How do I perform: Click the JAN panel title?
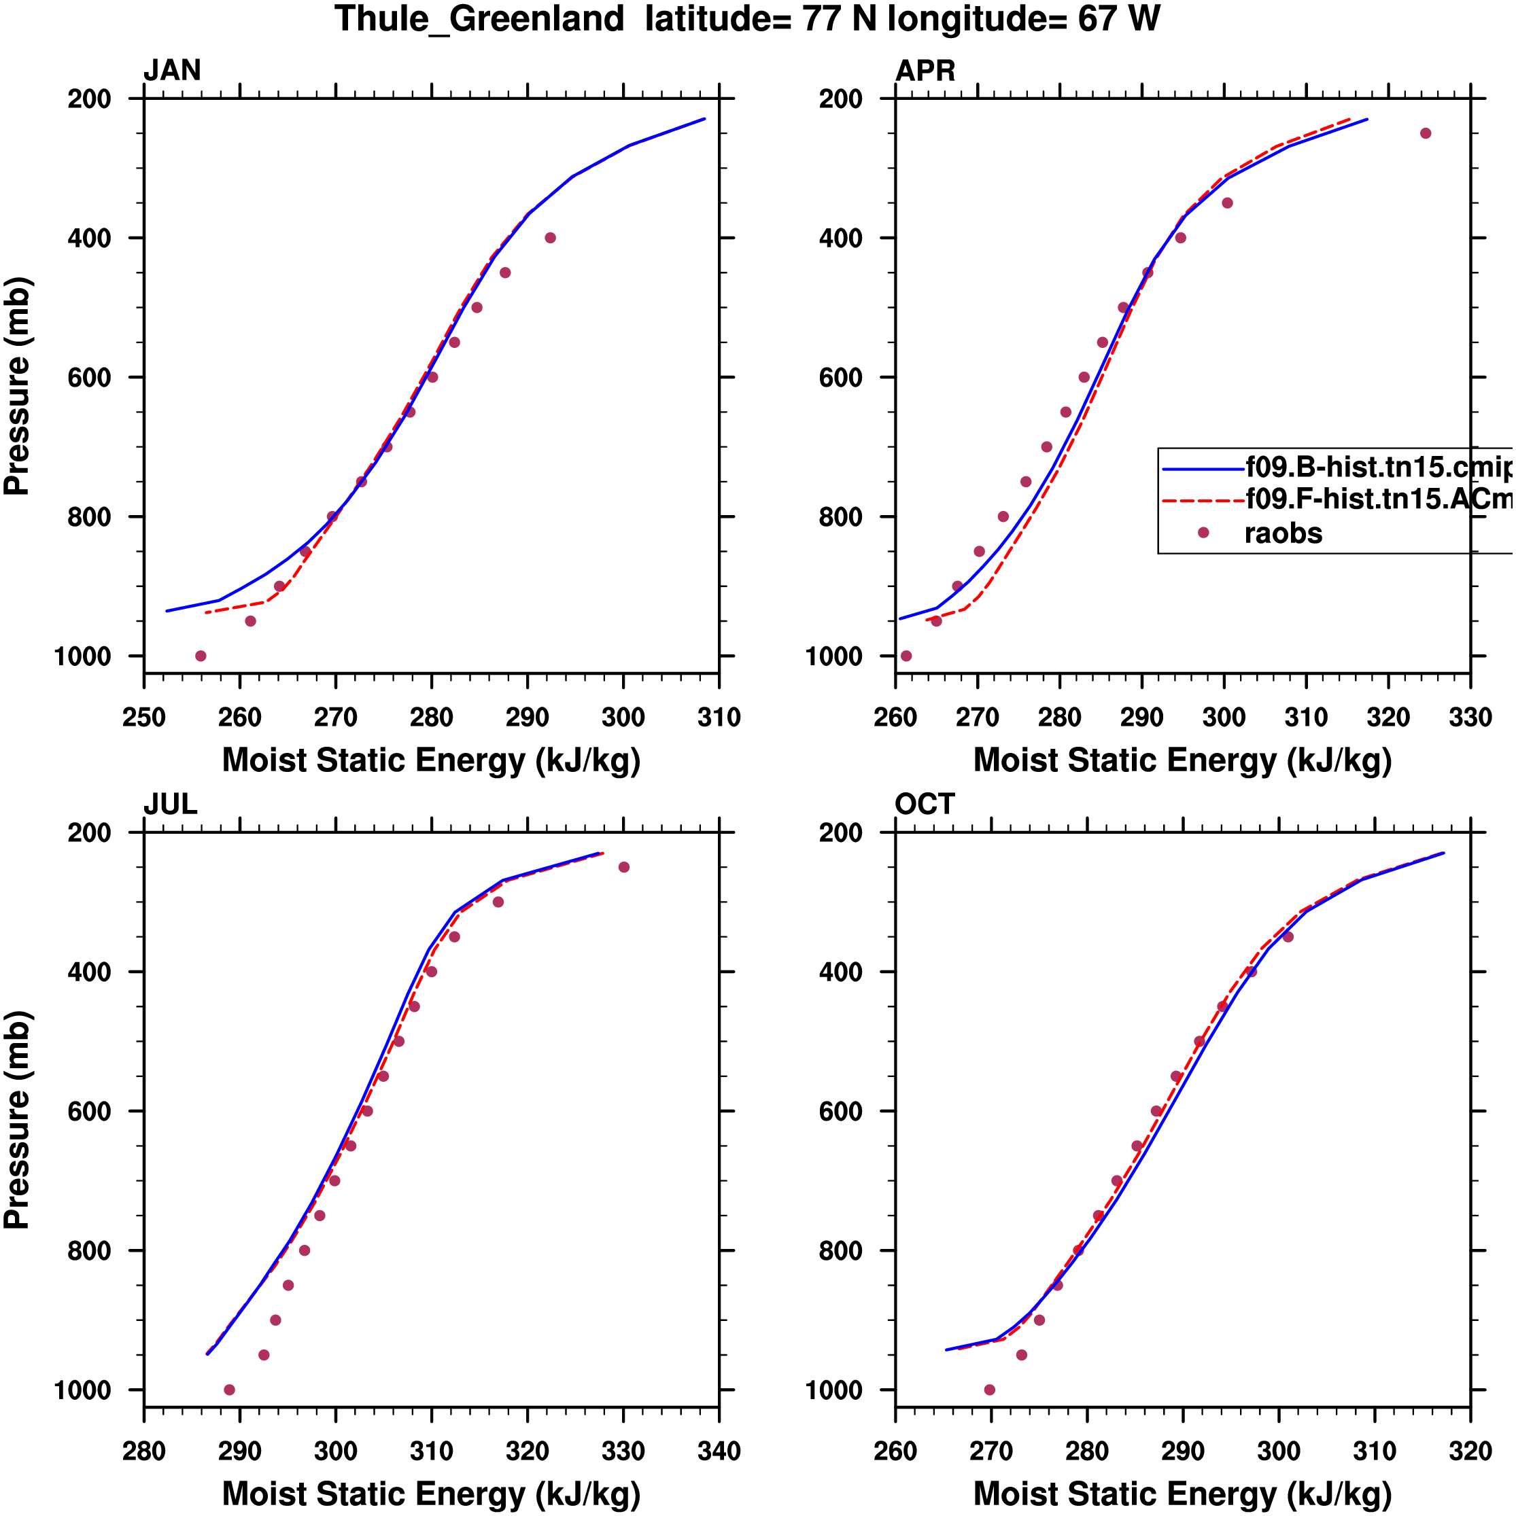172,71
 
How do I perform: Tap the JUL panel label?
171,805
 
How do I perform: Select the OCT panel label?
925,805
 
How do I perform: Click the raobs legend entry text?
1283,533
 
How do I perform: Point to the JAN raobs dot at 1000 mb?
201,656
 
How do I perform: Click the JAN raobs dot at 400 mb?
551,238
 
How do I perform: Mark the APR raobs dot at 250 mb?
1426,133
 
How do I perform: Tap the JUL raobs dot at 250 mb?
624,867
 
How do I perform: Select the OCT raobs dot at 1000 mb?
989,1390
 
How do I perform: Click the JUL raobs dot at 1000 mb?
229,1390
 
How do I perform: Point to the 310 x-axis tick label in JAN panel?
719,717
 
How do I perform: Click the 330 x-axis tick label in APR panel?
1470,717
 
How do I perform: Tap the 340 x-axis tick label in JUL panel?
719,1451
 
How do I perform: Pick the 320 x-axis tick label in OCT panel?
1470,1451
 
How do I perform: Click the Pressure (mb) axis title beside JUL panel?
17,1120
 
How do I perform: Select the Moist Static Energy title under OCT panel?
1182,1494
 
